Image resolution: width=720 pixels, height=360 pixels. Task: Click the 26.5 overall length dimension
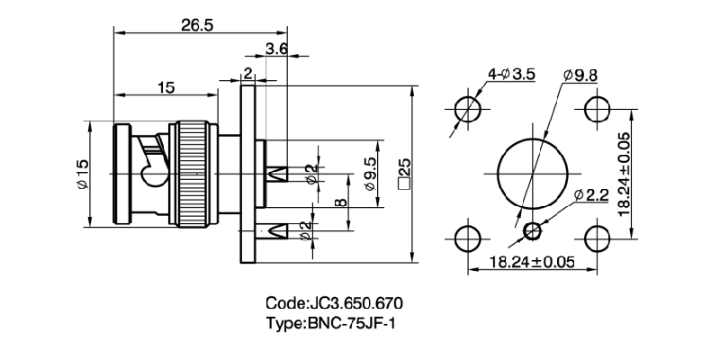196,26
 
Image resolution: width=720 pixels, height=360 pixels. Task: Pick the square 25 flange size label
404,172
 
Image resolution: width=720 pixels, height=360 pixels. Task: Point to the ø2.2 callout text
591,195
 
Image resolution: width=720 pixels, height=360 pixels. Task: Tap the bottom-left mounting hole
467,238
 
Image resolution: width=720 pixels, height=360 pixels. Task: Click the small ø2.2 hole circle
533,230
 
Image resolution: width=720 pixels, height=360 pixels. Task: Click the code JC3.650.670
340,303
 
